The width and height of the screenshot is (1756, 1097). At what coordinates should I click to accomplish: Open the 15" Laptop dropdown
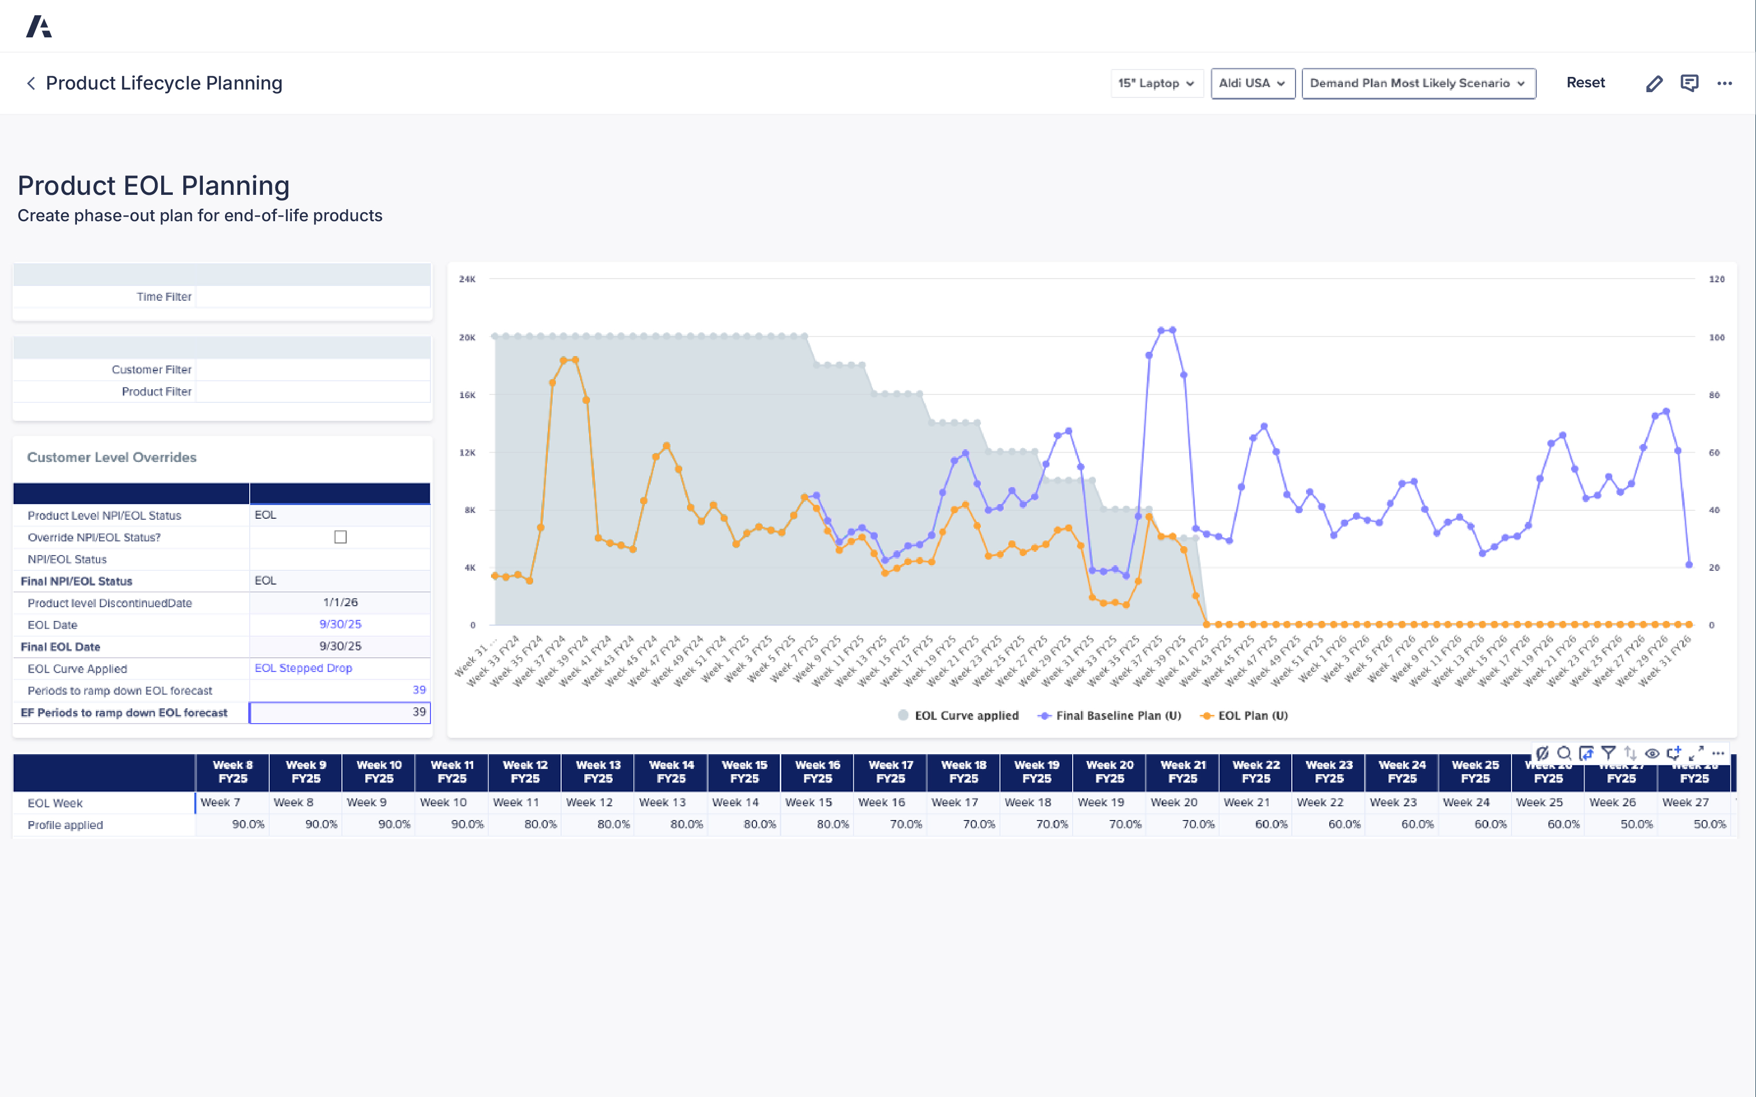click(1156, 83)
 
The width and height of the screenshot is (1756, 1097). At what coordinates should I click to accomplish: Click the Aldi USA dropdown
click(1252, 83)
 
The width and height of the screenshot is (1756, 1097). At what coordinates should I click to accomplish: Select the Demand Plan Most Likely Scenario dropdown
click(1418, 83)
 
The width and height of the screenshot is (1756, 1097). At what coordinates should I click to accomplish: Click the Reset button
click(1585, 83)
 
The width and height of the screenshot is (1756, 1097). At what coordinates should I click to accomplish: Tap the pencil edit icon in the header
click(1654, 83)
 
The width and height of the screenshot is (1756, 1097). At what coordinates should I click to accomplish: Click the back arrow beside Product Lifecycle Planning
click(31, 83)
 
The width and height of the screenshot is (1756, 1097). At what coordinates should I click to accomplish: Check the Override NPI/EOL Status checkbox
click(340, 537)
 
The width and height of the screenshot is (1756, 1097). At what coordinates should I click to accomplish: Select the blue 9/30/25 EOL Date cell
click(340, 624)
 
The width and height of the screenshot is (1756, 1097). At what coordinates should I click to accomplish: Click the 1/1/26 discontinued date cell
click(340, 602)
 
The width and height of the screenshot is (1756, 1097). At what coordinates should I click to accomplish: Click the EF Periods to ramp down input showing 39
click(340, 713)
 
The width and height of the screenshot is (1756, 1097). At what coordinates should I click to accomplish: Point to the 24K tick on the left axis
click(467, 279)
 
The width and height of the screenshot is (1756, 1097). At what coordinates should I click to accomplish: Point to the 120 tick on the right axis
click(1716, 279)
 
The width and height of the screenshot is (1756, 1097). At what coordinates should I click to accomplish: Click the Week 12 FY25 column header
click(525, 772)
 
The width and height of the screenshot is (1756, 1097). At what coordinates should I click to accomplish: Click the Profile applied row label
click(65, 825)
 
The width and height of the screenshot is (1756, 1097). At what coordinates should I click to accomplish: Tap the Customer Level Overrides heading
click(112, 457)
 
